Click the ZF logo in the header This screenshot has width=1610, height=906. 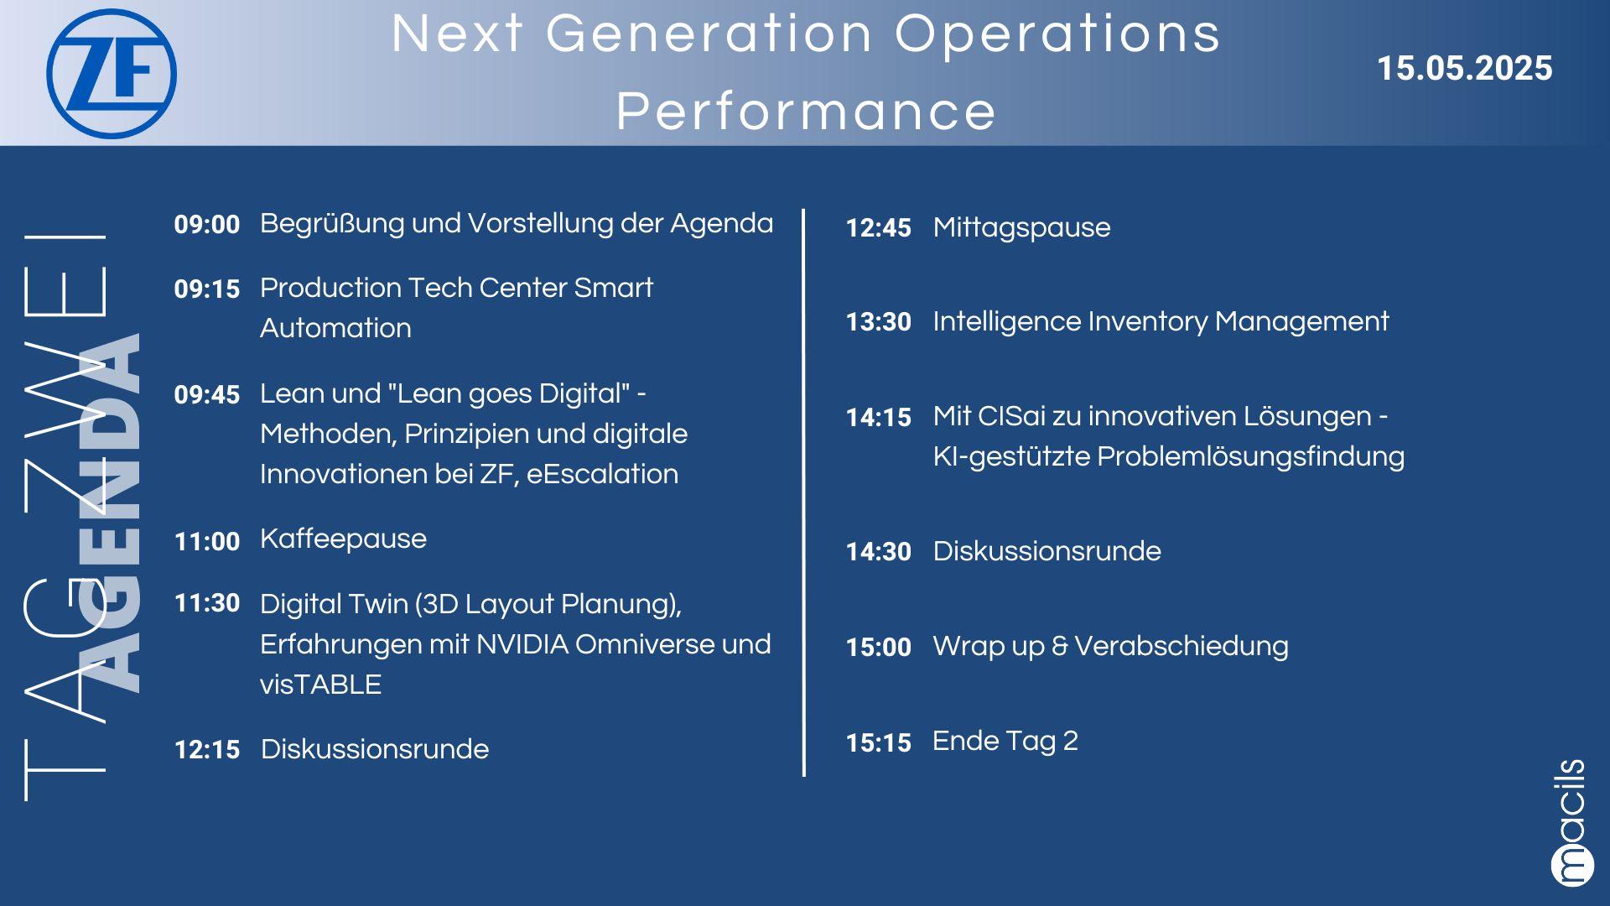tap(112, 74)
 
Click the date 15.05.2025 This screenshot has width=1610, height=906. tap(1464, 69)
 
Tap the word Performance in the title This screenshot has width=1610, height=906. tap(806, 111)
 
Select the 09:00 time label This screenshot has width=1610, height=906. tap(207, 225)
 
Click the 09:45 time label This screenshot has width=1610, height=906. tap(207, 395)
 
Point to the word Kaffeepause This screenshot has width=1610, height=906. tap(343, 539)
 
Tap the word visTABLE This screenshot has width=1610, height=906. tap(320, 685)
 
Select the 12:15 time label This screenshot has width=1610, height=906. tap(207, 750)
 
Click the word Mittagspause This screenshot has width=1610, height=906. tap(1021, 228)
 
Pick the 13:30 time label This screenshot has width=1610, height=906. tap(878, 322)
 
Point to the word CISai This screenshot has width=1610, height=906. tap(1007, 416)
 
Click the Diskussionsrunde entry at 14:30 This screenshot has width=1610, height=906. tap(1046, 551)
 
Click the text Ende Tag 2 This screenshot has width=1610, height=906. tap(1005, 742)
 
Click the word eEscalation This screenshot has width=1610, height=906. tap(602, 474)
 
